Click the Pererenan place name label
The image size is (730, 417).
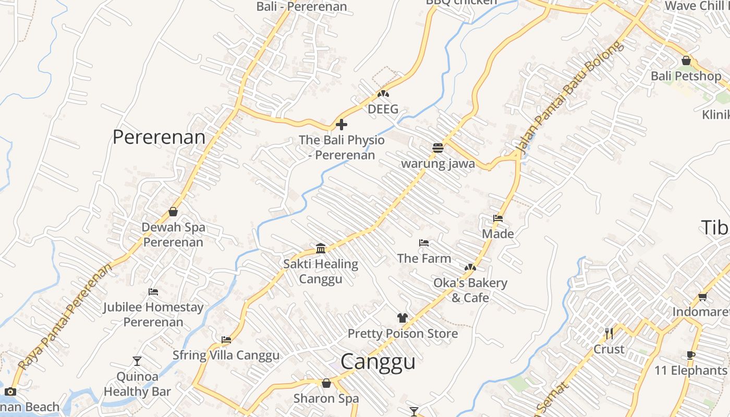coord(159,137)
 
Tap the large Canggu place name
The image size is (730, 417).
coord(378,361)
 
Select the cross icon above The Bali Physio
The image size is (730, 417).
coord(342,125)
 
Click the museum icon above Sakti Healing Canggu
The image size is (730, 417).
coord(321,248)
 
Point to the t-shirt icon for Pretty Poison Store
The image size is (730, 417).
coord(402,317)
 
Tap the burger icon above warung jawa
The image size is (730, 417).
coord(437,148)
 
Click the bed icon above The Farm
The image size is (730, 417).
coord(424,243)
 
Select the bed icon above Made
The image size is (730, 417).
coord(498,218)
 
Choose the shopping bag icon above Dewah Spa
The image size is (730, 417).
coord(173,212)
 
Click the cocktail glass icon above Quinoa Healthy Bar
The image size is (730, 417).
coord(137,361)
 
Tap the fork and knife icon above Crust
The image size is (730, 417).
coord(609,333)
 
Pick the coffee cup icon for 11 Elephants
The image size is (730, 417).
coord(691,355)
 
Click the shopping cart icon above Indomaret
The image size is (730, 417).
coord(702,297)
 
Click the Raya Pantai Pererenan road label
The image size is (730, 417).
coord(65,317)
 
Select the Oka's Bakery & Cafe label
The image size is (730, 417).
coord(470,290)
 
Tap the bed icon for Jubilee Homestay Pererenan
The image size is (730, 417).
coord(153,292)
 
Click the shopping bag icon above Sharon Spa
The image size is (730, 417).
coord(326,384)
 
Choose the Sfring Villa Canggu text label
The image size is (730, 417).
coord(226,355)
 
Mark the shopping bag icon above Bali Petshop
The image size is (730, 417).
coord(686,60)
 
